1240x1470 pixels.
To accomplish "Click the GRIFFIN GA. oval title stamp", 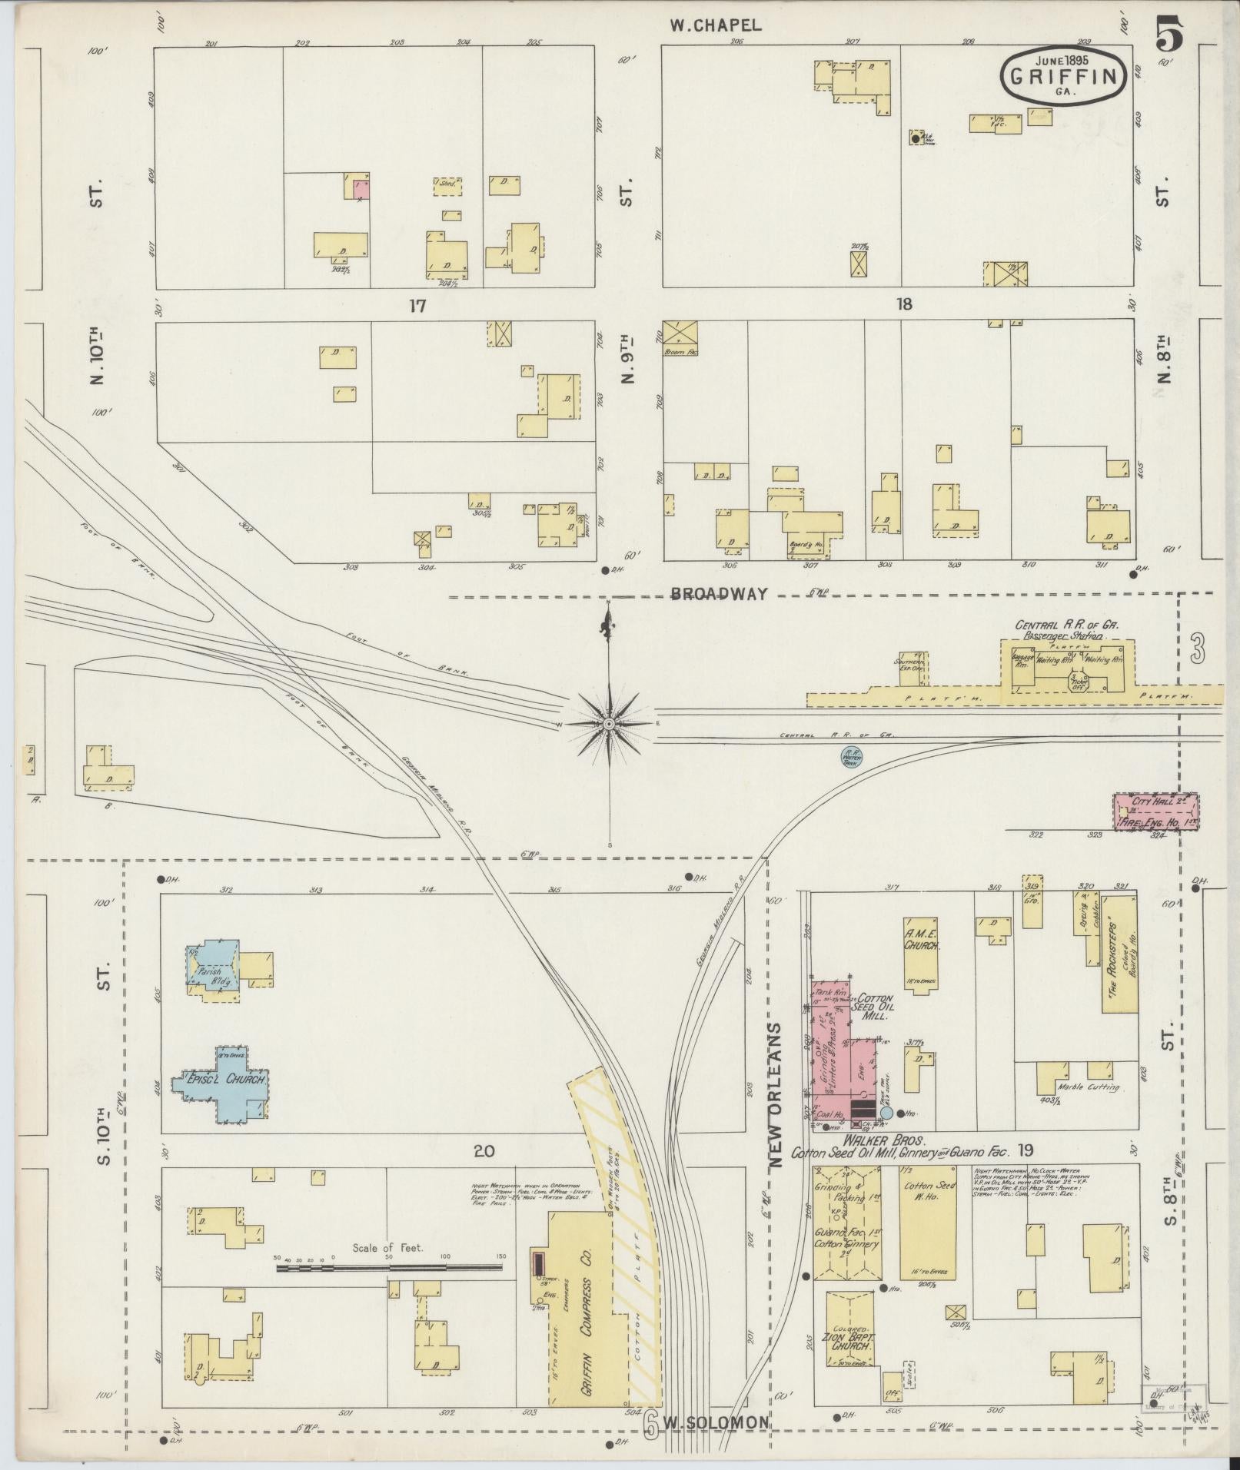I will (1064, 75).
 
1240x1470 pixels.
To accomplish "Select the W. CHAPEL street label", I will (714, 25).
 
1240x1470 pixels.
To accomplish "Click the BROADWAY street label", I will (719, 593).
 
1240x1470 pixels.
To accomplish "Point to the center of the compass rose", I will (609, 724).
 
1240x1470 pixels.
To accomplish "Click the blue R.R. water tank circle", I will (851, 758).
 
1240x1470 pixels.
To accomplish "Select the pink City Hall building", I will (1155, 812).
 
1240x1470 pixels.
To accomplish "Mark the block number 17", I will (417, 305).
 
